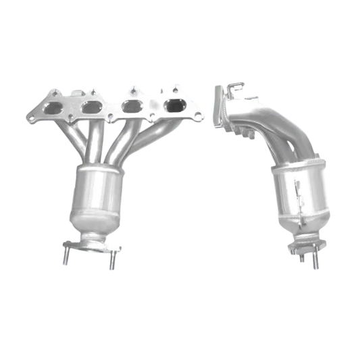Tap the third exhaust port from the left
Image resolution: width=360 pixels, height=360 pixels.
click(x=131, y=107)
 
